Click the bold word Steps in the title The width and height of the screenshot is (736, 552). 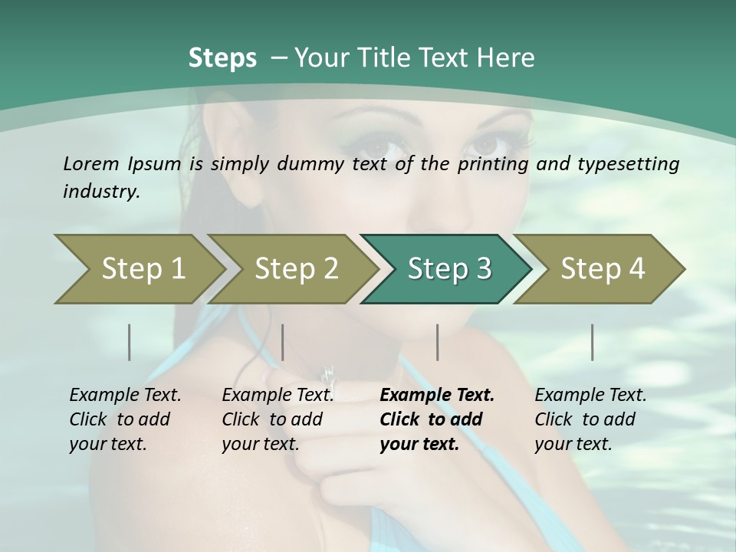tap(222, 58)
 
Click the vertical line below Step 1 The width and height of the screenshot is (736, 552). tap(129, 342)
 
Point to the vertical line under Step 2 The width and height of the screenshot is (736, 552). tap(283, 342)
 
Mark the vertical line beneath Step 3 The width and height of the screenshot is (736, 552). tap(437, 342)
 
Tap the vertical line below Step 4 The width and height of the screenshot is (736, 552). tap(592, 342)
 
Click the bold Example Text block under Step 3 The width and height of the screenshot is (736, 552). tap(437, 419)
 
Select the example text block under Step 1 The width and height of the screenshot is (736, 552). tap(125, 419)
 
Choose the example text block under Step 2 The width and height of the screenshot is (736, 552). tap(278, 419)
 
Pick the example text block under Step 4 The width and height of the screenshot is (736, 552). tap(590, 419)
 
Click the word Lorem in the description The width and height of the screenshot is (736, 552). tap(91, 163)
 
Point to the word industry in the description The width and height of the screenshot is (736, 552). tap(101, 191)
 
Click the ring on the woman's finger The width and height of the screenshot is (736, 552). tap(329, 375)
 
